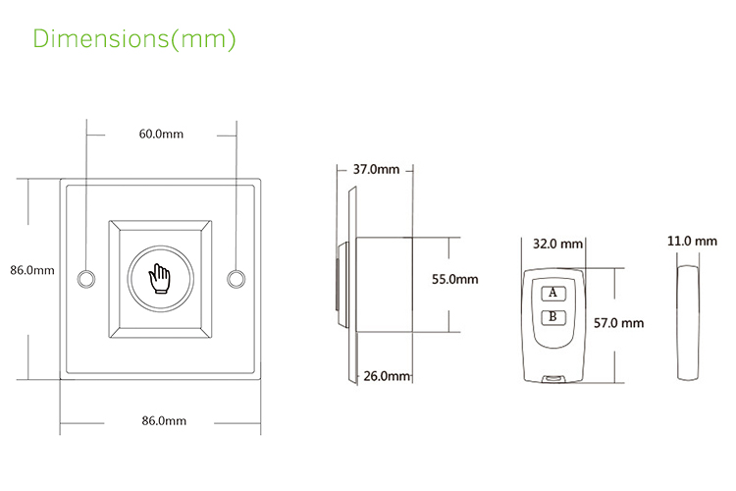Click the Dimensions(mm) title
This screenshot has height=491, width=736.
pyautogui.click(x=134, y=40)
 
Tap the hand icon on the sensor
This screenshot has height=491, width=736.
pyautogui.click(x=160, y=278)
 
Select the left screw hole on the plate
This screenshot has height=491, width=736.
pyautogui.click(x=86, y=278)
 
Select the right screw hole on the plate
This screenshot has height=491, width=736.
pyautogui.click(x=235, y=278)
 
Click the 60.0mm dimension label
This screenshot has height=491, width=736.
pyautogui.click(x=161, y=134)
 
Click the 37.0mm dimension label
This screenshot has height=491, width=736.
pyautogui.click(x=376, y=169)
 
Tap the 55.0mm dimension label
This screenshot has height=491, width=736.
pyautogui.click(x=454, y=279)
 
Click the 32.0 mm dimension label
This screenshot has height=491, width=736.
pyautogui.click(x=557, y=244)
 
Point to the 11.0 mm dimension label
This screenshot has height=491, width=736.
pyautogui.click(x=692, y=241)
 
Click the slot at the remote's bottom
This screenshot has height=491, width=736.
pyautogui.click(x=554, y=377)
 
